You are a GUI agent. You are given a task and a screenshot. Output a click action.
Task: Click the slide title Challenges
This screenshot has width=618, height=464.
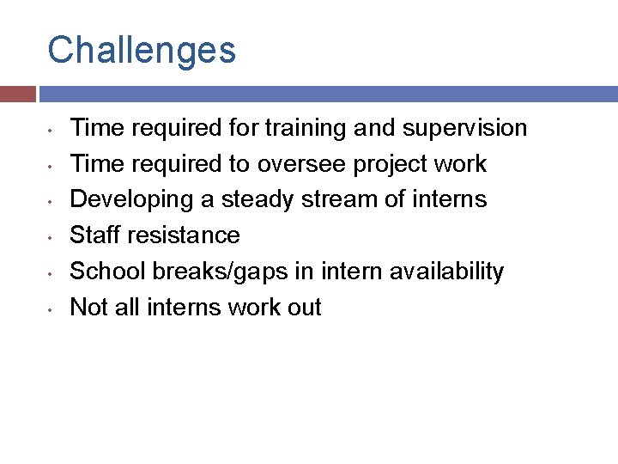(x=142, y=50)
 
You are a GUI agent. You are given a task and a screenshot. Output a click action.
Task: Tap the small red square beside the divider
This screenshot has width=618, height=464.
(x=17, y=94)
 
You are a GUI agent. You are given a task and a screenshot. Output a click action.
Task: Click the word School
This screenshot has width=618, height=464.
(x=107, y=272)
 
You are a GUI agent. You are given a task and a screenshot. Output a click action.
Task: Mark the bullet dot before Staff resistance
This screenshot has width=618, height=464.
(x=51, y=236)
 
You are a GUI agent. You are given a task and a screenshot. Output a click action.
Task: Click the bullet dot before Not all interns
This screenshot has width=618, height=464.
(x=51, y=308)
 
